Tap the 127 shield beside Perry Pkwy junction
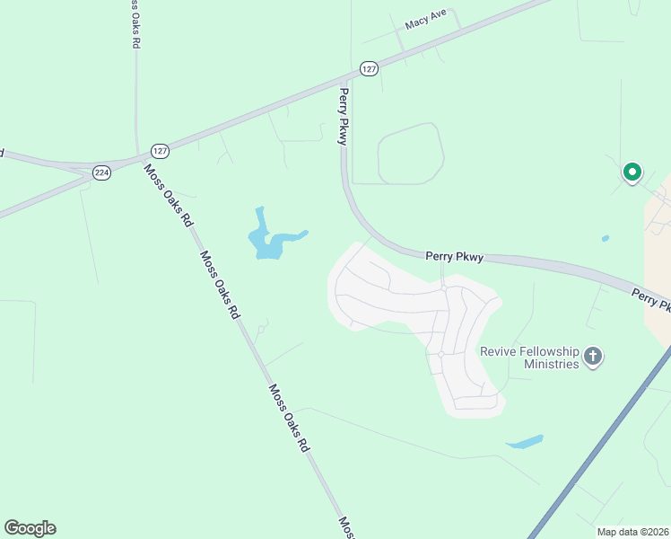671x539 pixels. [x=369, y=68]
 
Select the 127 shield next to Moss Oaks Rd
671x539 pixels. [x=160, y=151]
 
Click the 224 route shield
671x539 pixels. [x=101, y=172]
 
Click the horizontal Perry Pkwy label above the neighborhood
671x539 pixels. [x=454, y=257]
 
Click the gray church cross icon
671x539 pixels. [x=592, y=358]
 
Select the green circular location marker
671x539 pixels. [x=632, y=171]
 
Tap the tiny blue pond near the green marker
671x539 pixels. [x=606, y=238]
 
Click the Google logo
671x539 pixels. [x=30, y=528]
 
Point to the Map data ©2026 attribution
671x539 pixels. [x=632, y=532]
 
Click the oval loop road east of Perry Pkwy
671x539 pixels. [x=411, y=155]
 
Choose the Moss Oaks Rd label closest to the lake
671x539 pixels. [x=221, y=285]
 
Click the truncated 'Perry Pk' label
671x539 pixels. [x=650, y=299]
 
